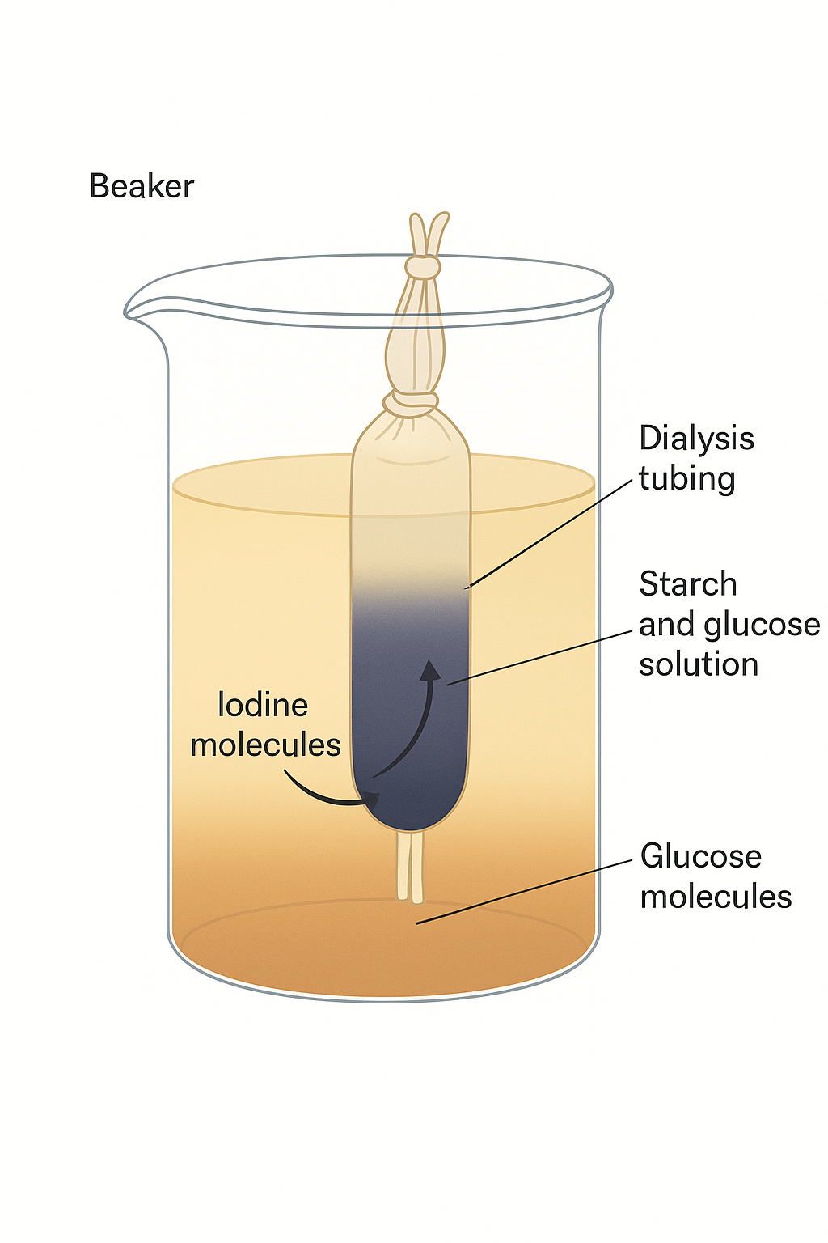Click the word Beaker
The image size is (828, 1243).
pyautogui.click(x=142, y=186)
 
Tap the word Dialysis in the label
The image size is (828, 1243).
pyautogui.click(x=696, y=439)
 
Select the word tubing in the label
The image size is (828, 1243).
pyautogui.click(x=686, y=479)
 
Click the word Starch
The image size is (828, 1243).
pyautogui.click(x=688, y=584)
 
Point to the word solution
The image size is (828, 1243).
pyautogui.click(x=699, y=664)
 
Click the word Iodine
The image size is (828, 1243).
pyautogui.click(x=263, y=706)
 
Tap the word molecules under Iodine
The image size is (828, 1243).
pyautogui.click(x=265, y=745)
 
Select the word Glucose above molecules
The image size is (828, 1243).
pyautogui.click(x=700, y=856)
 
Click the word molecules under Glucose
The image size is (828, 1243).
pyautogui.click(x=716, y=897)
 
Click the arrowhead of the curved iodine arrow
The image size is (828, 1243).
pyautogui.click(x=431, y=668)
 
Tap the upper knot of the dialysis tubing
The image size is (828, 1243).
pyautogui.click(x=421, y=267)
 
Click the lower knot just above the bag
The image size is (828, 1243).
pyautogui.click(x=411, y=401)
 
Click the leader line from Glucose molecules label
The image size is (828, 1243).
pyautogui.click(x=526, y=891)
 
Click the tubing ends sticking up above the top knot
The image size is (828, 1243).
pyautogui.click(x=428, y=233)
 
